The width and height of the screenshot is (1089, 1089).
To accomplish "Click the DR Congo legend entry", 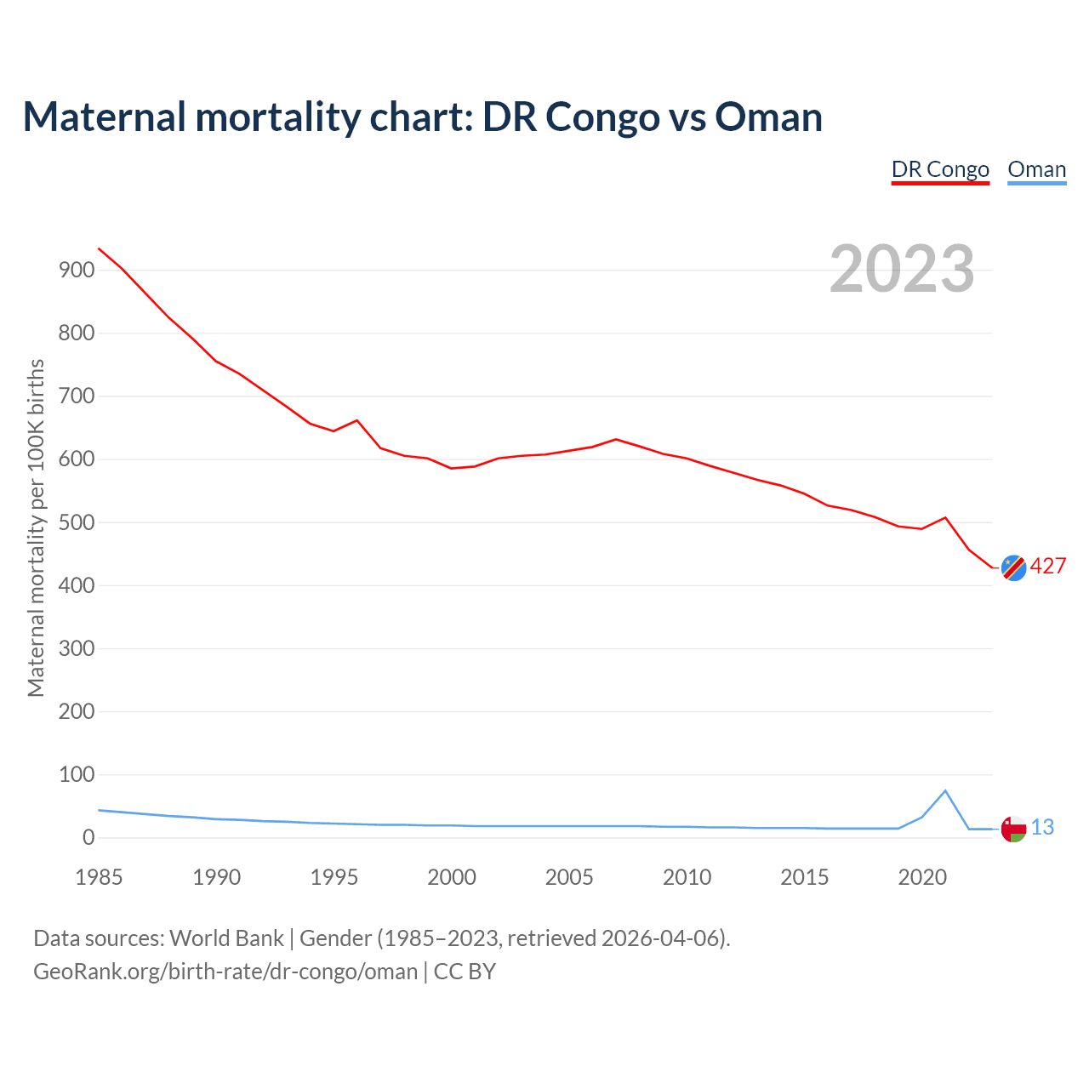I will tap(940, 169).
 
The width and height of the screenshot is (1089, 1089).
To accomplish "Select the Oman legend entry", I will tap(1036, 169).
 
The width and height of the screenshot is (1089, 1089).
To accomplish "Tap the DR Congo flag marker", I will tap(1013, 567).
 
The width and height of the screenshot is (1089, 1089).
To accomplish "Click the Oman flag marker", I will tap(1013, 829).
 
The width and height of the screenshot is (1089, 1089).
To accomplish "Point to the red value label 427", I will tap(1048, 567).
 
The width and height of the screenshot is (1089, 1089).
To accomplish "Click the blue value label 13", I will tap(1042, 827).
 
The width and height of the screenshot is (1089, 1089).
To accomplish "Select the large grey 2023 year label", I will tap(902, 269).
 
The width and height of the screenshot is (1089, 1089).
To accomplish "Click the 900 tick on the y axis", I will tap(76, 271).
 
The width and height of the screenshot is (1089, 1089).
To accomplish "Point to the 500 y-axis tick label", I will tap(76, 522).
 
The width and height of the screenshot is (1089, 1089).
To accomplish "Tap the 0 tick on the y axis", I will tap(88, 838).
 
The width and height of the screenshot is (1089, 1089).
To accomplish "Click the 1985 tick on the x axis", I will tap(99, 877).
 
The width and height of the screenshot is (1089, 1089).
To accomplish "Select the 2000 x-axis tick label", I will tap(452, 877).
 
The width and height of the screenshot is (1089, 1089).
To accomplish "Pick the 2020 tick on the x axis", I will tap(922, 877).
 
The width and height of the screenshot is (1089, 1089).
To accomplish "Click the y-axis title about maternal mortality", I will tap(36, 527).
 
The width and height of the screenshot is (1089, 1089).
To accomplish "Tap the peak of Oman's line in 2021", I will tap(945, 791).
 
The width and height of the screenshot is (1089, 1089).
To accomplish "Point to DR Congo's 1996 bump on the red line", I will tap(356, 420).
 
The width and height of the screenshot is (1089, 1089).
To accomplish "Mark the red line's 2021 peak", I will tap(945, 517).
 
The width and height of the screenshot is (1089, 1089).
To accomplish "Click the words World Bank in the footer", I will tap(226, 938).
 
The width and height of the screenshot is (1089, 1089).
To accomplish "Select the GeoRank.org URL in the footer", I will tap(225, 972).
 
